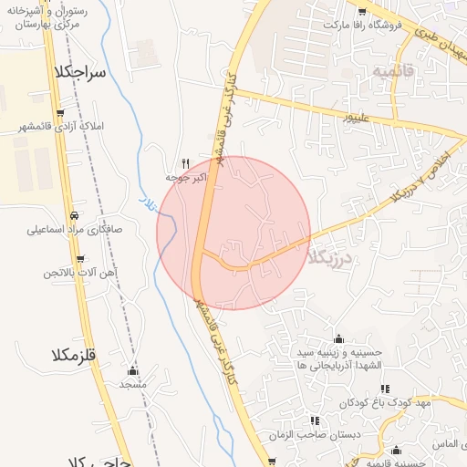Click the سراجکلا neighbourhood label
[x=81, y=71]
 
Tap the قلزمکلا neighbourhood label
[x=80, y=350]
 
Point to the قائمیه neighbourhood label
[x=392, y=70]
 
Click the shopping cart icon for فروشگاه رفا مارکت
[x=362, y=12]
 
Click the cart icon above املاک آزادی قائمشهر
[x=60, y=113]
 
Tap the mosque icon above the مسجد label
[x=133, y=371]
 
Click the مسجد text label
[x=133, y=384]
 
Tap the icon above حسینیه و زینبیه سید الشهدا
[x=338, y=338]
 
